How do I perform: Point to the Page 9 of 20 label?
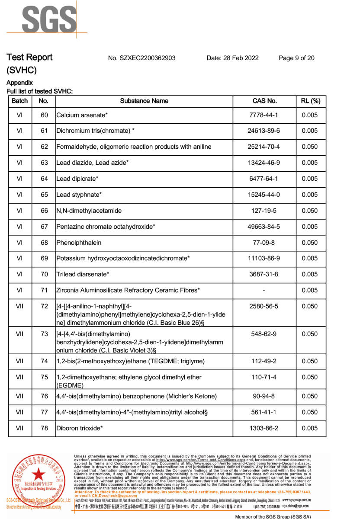click(x=296, y=58)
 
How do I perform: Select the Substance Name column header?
click(x=144, y=101)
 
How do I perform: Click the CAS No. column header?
click(x=264, y=101)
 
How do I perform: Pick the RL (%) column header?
click(x=310, y=101)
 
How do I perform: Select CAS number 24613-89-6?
click(x=264, y=131)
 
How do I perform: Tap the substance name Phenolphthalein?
click(x=79, y=243)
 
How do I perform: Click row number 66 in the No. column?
click(x=44, y=211)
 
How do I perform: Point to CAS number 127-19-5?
click(x=264, y=211)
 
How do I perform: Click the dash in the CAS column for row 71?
click(x=264, y=290)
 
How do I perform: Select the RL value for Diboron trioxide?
click(x=310, y=428)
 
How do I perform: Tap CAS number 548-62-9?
click(x=264, y=334)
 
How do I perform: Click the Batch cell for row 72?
click(x=19, y=306)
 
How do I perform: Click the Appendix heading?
click(x=19, y=83)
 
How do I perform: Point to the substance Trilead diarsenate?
click(x=83, y=274)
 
